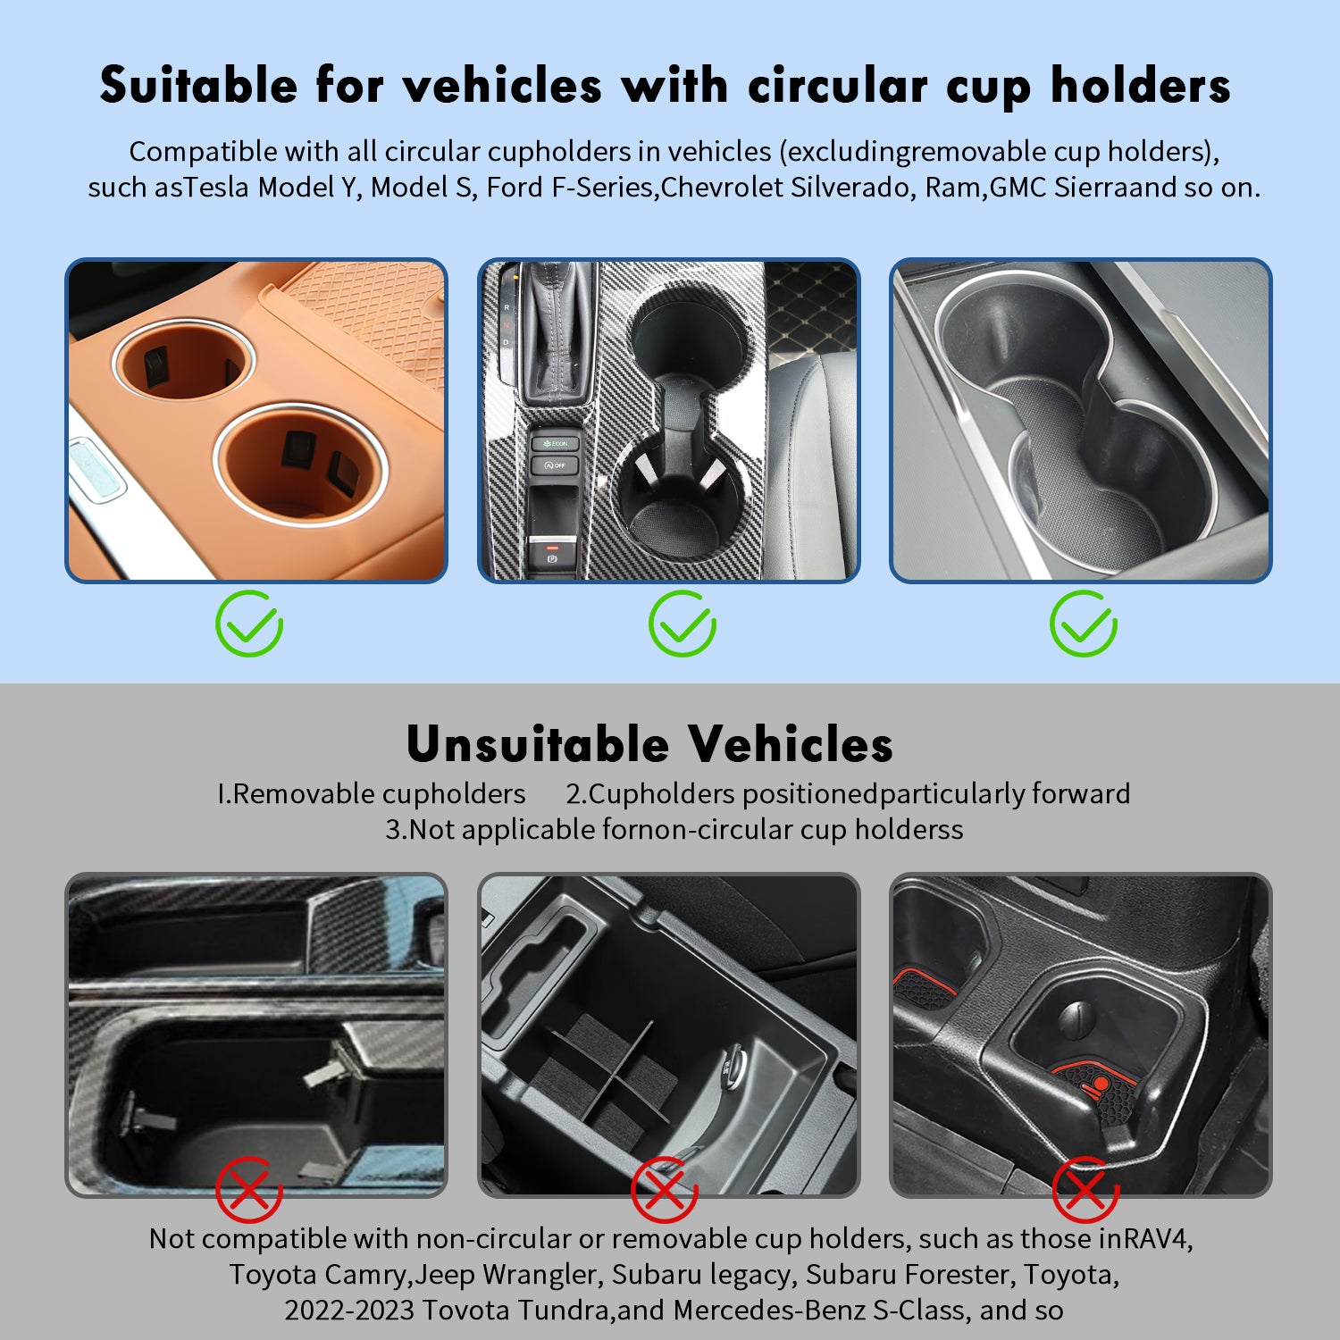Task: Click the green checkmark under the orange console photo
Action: point(249,624)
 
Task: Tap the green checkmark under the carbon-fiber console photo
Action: point(683,624)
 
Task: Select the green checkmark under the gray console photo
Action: point(1084,624)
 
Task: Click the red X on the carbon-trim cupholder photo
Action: point(249,1189)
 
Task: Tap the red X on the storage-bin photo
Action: point(665,1189)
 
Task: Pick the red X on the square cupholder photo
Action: point(1085,1189)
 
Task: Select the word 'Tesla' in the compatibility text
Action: point(216,188)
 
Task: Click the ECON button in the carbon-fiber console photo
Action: point(555,443)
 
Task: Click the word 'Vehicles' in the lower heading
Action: point(791,744)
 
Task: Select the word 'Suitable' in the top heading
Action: point(198,87)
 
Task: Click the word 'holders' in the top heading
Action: point(1140,87)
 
